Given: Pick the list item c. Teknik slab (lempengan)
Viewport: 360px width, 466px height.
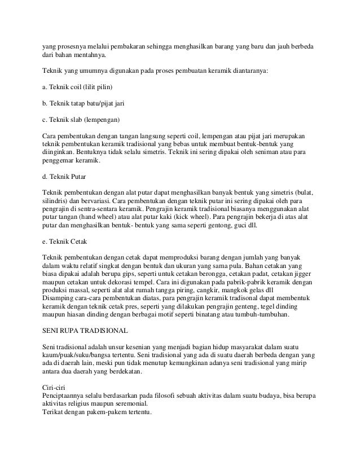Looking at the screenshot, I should [x=82, y=121].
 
